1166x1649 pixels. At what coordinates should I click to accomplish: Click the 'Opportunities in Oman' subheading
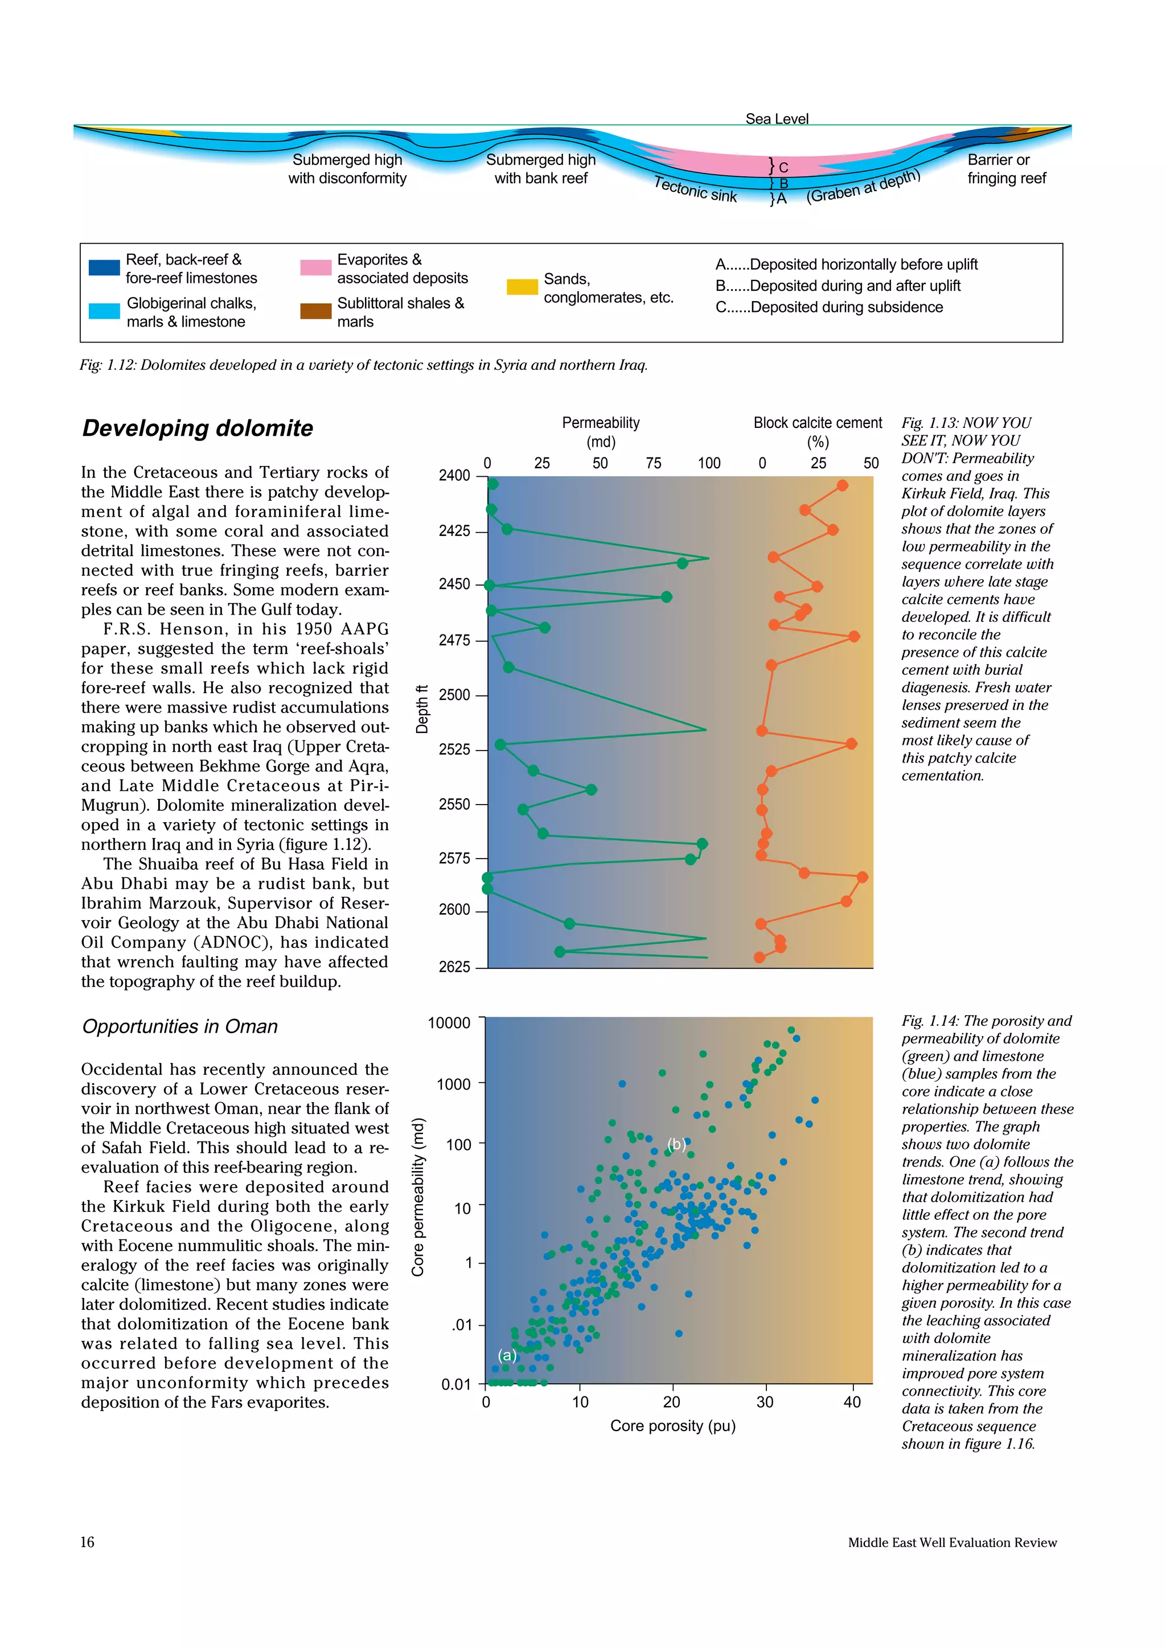[x=179, y=1026]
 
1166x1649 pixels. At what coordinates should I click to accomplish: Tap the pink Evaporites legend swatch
[x=315, y=268]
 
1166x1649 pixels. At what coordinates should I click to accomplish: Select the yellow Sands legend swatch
[x=522, y=287]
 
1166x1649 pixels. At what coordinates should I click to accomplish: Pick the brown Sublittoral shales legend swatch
[x=315, y=311]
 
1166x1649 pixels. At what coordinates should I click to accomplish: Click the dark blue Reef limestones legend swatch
[x=104, y=268]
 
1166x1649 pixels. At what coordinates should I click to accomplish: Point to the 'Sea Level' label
[x=777, y=118]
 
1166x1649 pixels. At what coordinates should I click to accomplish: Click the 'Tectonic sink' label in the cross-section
[x=695, y=189]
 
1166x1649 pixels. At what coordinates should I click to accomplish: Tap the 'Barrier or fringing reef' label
[x=1006, y=169]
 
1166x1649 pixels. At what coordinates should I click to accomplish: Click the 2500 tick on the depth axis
[x=454, y=695]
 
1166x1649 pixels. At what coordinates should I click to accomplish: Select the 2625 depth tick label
[x=454, y=967]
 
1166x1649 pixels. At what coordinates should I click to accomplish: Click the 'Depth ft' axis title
[x=422, y=709]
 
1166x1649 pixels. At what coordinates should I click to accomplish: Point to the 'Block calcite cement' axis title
[x=818, y=423]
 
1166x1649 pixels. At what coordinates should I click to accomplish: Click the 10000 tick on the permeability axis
[x=449, y=1022]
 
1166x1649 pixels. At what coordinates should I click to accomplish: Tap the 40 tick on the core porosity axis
[x=852, y=1401]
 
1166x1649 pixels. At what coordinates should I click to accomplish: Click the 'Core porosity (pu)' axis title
[x=673, y=1425]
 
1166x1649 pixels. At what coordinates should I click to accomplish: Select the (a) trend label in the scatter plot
[x=507, y=1355]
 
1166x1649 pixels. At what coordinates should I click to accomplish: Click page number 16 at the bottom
[x=87, y=1542]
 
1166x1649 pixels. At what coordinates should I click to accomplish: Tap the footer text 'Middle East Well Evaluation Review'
[x=952, y=1543]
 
